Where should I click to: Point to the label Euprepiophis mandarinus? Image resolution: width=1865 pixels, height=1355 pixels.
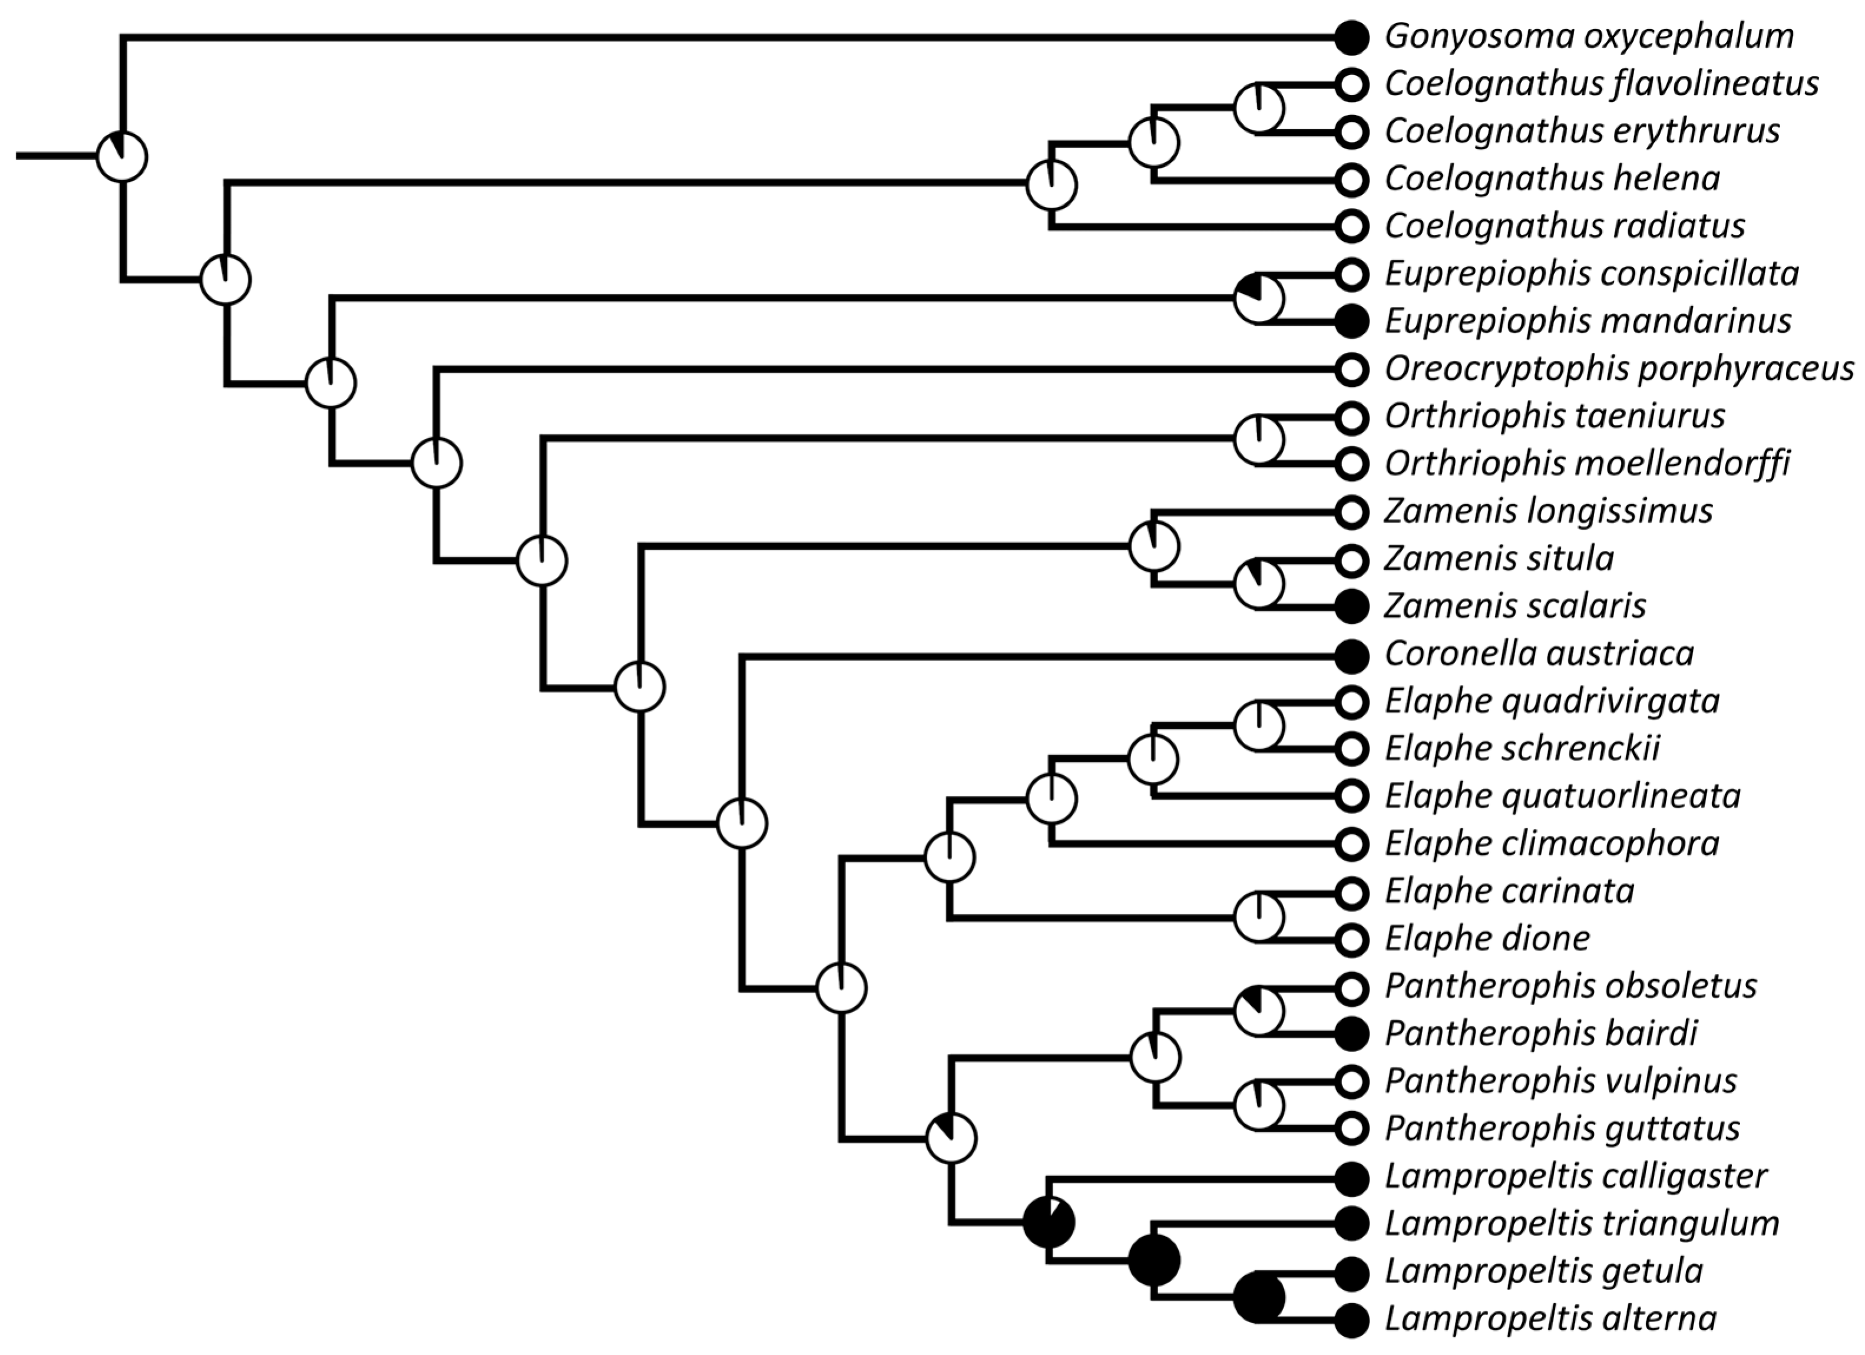pyautogui.click(x=1587, y=320)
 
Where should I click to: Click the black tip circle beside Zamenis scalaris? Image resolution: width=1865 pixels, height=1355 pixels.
pyautogui.click(x=1351, y=607)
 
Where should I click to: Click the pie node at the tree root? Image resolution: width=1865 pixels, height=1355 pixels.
pyautogui.click(x=123, y=156)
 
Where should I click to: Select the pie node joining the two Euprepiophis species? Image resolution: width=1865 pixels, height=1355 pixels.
pyautogui.click(x=1259, y=299)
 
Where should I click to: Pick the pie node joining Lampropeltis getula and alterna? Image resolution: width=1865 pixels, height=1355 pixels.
pyautogui.click(x=1259, y=1297)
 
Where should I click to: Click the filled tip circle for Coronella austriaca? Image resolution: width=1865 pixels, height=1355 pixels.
pyautogui.click(x=1351, y=655)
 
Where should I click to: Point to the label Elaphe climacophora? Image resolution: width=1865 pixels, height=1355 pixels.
pyautogui.click(x=1552, y=844)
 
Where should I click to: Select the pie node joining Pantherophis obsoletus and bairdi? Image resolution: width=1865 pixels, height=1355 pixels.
pyautogui.click(x=1259, y=1010)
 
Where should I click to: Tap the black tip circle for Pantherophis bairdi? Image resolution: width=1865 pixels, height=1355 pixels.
pyautogui.click(x=1351, y=1033)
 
